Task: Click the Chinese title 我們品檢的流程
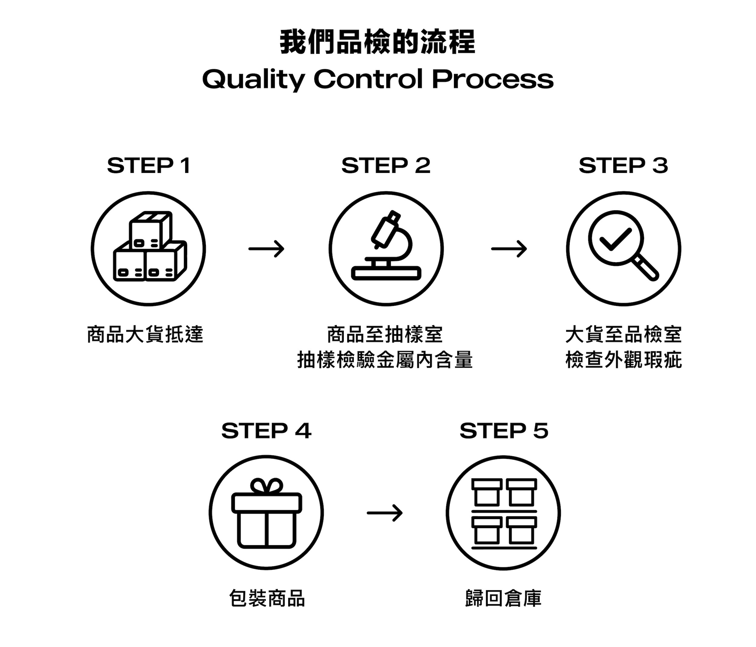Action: coord(378,42)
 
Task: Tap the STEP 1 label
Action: coord(149,166)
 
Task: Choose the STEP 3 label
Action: coord(623,166)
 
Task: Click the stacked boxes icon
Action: coord(150,247)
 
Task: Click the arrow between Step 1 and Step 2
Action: coord(266,249)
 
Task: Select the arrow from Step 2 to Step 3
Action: coord(509,249)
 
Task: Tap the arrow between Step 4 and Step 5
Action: coord(385,513)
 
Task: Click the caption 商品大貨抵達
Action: coord(145,334)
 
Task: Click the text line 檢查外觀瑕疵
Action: coord(624,360)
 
